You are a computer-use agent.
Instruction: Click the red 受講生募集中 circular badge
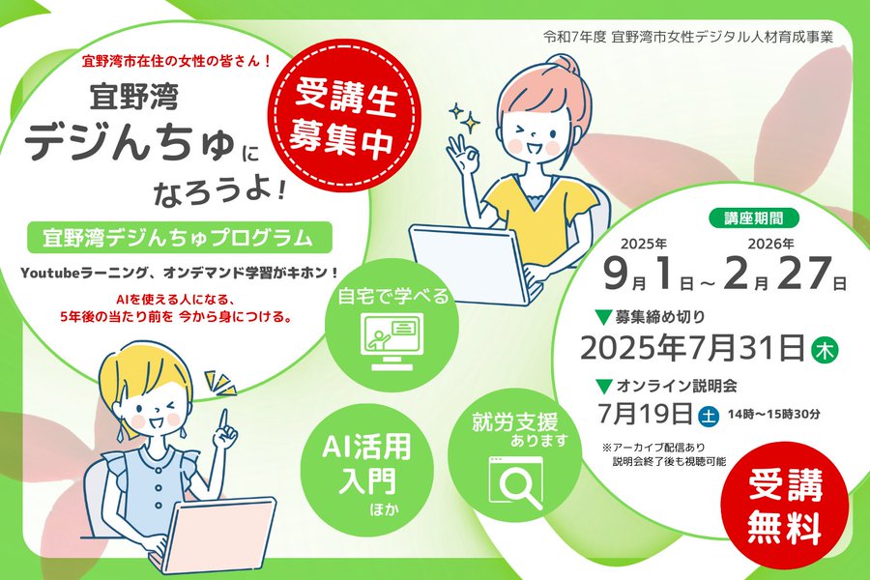point(344,118)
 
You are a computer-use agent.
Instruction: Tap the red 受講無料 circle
point(784,507)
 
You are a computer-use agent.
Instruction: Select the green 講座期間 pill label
point(753,218)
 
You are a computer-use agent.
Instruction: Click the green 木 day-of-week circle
point(825,350)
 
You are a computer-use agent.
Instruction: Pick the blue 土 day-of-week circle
point(708,415)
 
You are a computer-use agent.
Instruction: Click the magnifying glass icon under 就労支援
point(515,482)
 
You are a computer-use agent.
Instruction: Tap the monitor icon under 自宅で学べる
point(391,341)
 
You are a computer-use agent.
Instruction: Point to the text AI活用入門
point(366,463)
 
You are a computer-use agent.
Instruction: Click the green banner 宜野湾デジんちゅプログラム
point(179,237)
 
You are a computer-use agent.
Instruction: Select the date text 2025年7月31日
point(692,348)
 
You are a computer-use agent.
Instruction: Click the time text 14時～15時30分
point(773,414)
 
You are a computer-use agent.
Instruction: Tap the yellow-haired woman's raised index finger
point(224,419)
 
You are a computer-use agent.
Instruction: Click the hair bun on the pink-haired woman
point(561,67)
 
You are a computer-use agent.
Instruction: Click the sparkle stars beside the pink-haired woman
point(465,117)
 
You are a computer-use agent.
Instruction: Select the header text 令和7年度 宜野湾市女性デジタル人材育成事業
point(688,37)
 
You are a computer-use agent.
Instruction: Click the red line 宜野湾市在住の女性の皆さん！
point(177,61)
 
